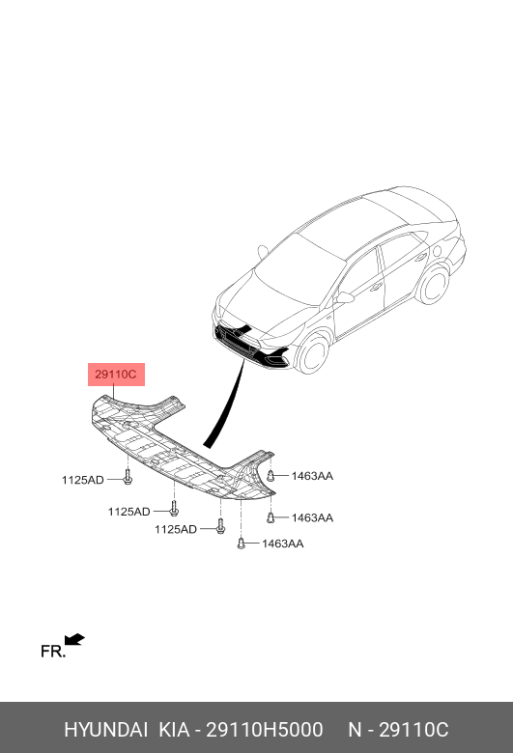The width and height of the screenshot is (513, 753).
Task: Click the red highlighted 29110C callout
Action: tap(116, 375)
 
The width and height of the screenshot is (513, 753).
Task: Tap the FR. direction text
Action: tap(53, 652)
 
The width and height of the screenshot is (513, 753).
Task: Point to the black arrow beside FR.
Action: tap(74, 640)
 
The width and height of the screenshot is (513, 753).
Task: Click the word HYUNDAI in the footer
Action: tap(105, 730)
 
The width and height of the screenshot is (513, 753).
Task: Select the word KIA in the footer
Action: tap(174, 730)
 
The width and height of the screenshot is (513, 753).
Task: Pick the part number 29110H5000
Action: tap(265, 730)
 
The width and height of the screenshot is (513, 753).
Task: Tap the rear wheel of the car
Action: tap(433, 284)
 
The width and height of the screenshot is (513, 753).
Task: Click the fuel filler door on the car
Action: tap(437, 251)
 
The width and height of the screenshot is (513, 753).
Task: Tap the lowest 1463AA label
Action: tap(282, 544)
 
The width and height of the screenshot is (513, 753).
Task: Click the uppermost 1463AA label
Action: tap(312, 476)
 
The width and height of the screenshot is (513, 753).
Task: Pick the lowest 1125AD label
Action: tap(176, 529)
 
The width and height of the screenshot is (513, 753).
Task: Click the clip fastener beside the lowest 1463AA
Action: tap(242, 544)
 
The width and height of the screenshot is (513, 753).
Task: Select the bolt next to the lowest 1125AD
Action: tap(220, 526)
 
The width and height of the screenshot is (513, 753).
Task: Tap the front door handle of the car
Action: tap(376, 287)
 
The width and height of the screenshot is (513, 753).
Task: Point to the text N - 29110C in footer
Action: tap(398, 730)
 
